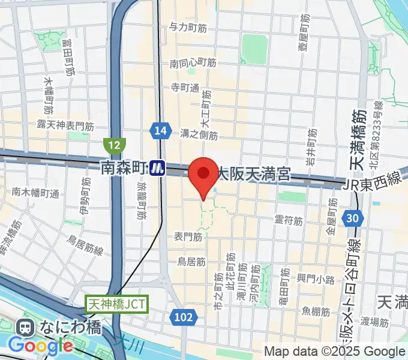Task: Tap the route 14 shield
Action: point(159,131)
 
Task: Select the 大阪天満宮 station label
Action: point(253,175)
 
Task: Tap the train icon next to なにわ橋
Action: point(26,328)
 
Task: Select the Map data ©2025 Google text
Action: point(335,352)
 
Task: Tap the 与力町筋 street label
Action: point(188,28)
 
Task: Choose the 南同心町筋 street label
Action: point(193,62)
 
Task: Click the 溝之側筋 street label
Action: point(199,134)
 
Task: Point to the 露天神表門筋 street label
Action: point(65,126)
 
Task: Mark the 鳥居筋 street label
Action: point(191,262)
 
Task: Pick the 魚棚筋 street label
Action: point(316,311)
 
